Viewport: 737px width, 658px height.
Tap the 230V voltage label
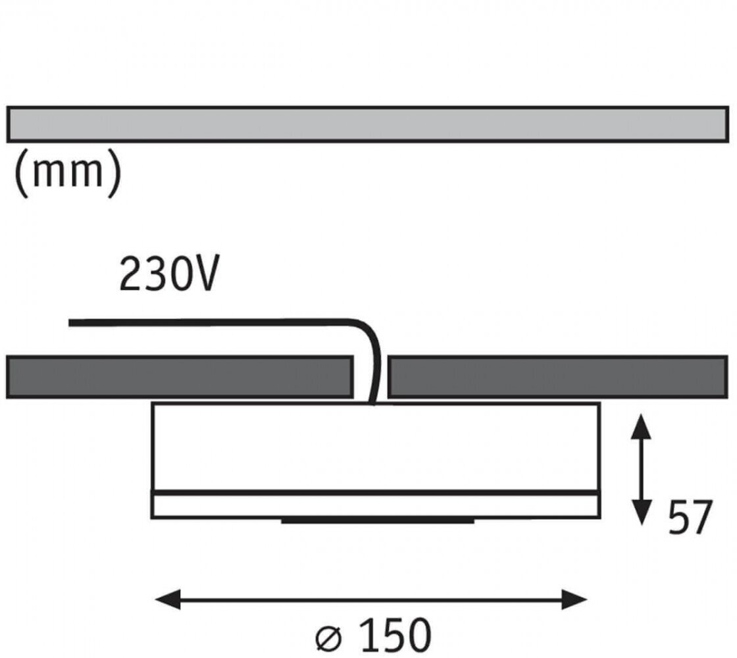click(x=168, y=274)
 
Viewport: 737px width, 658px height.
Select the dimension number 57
click(x=690, y=519)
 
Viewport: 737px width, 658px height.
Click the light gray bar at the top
click(x=368, y=124)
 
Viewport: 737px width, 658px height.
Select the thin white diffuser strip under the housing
click(x=375, y=505)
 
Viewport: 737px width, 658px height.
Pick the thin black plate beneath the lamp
click(x=378, y=521)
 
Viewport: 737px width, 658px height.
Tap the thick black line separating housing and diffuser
click(x=375, y=492)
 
